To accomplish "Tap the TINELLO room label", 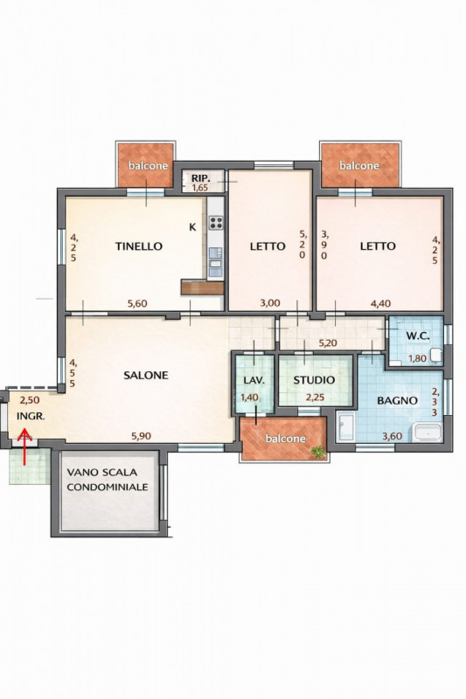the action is [x=139, y=246].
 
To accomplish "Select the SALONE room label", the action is [x=146, y=376].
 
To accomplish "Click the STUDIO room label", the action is [x=314, y=380].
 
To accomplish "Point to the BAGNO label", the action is [x=397, y=400].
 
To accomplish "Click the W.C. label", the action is [x=418, y=336].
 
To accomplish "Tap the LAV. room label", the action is [x=254, y=380].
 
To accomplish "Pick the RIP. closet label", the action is [x=201, y=178].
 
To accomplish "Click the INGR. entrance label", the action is [x=31, y=417].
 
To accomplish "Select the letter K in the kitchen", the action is [x=192, y=227].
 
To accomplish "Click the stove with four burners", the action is [x=216, y=223].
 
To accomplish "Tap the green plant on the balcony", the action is [x=319, y=452].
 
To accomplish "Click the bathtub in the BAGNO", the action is [x=428, y=432].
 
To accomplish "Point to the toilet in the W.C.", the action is [x=435, y=356].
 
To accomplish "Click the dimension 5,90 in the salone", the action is [x=141, y=436].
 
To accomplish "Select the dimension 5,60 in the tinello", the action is [x=137, y=304].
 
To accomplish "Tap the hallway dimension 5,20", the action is [x=327, y=343].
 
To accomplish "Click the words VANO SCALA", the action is [x=102, y=472].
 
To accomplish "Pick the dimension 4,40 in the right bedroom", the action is [x=381, y=303].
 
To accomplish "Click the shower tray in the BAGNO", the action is [x=345, y=426].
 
